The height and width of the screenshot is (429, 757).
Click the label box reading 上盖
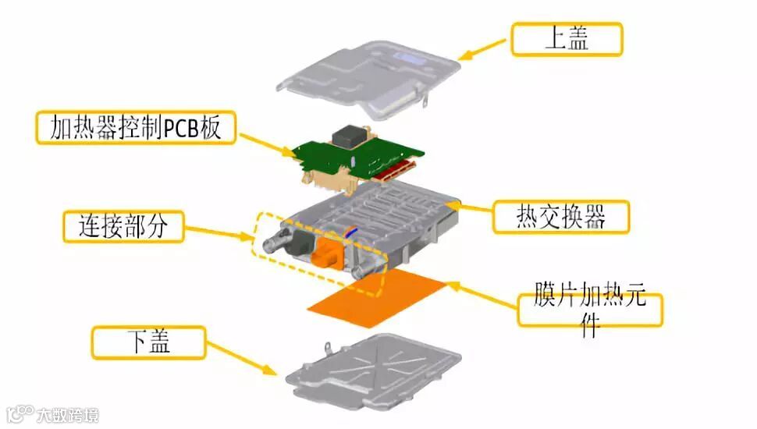566,39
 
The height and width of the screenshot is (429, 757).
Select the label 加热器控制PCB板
133,127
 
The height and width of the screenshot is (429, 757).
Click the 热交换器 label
560,217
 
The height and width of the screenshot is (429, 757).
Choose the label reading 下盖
148,342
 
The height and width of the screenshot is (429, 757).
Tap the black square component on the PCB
350,136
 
